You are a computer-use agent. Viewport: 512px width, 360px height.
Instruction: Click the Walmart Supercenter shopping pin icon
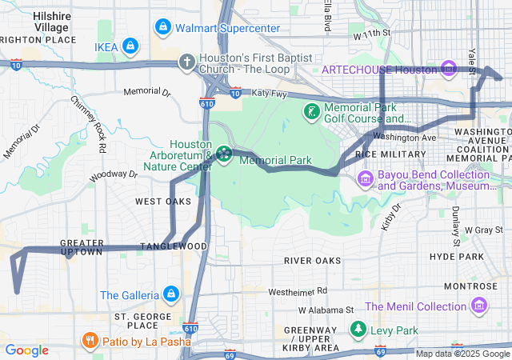pyautogui.click(x=163, y=28)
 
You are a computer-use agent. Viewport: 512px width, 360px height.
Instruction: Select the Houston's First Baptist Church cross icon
pyautogui.click(x=186, y=62)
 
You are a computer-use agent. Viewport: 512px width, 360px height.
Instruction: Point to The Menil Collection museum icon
pyautogui.click(x=479, y=306)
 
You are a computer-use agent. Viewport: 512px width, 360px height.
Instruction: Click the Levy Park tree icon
pyautogui.click(x=358, y=330)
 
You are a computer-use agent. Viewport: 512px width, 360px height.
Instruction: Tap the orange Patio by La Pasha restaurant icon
pyautogui.click(x=90, y=340)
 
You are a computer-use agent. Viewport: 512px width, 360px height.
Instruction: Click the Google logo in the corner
pyautogui.click(x=27, y=350)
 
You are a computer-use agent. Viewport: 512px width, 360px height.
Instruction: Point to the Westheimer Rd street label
pyautogui.click(x=298, y=290)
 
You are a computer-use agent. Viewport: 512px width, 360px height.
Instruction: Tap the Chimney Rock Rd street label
pyautogui.click(x=88, y=124)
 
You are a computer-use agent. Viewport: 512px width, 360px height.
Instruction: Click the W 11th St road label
pyautogui.click(x=371, y=35)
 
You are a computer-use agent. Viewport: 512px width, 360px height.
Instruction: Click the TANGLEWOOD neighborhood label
pyautogui.click(x=174, y=246)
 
